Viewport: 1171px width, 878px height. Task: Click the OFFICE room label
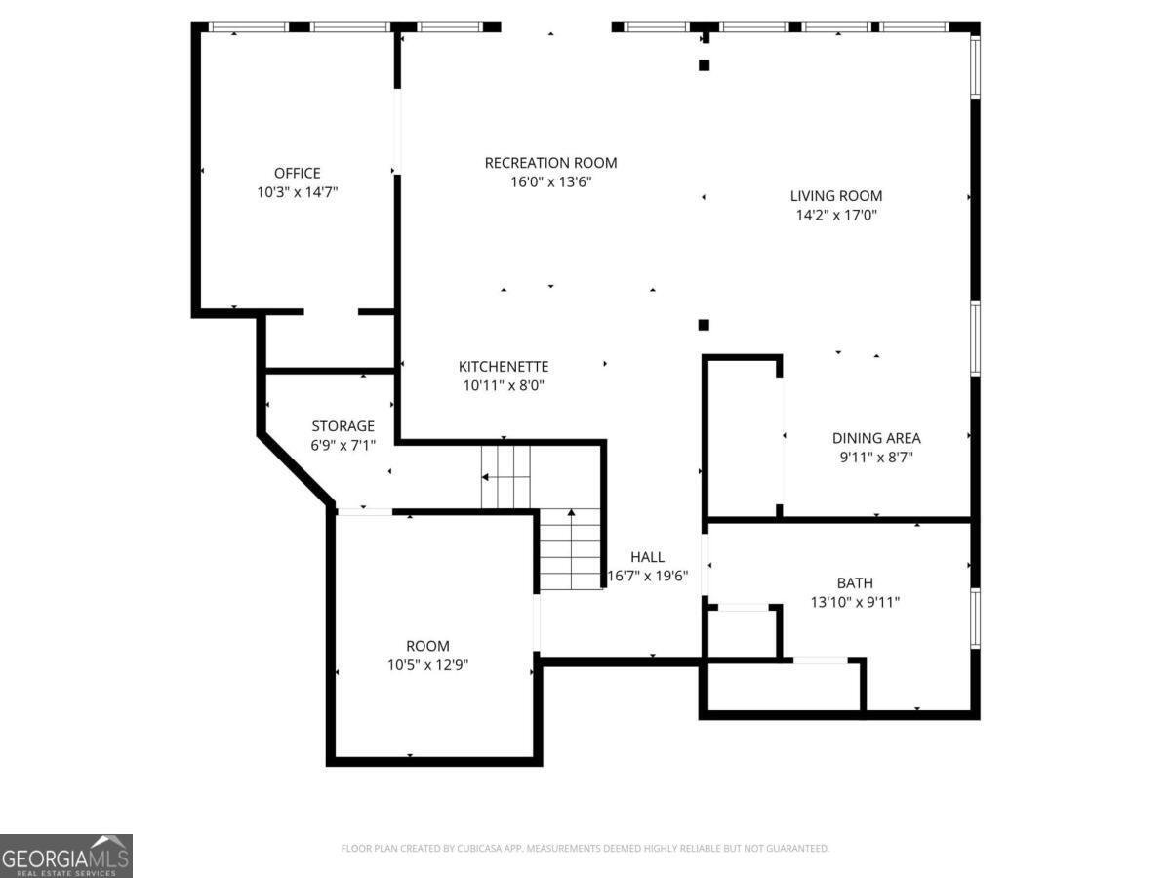pyautogui.click(x=298, y=173)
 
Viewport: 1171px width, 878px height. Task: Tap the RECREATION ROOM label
pyautogui.click(x=550, y=163)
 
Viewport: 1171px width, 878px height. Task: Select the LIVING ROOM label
pyautogui.click(x=836, y=196)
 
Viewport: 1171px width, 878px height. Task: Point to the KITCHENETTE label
pyautogui.click(x=504, y=366)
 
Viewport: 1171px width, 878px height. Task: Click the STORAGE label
pyautogui.click(x=343, y=426)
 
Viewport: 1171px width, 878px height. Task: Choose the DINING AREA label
pyautogui.click(x=876, y=438)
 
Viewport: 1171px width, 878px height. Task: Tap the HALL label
pyautogui.click(x=647, y=556)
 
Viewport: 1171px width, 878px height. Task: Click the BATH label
pyautogui.click(x=855, y=582)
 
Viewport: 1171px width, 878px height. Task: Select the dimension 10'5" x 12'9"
pyautogui.click(x=427, y=664)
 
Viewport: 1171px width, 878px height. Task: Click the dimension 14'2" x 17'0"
pyautogui.click(x=836, y=215)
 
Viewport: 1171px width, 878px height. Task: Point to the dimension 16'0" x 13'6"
pyautogui.click(x=550, y=181)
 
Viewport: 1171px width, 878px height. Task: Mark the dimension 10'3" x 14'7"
pyautogui.click(x=298, y=192)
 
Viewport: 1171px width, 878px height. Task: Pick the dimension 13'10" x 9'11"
pyautogui.click(x=855, y=602)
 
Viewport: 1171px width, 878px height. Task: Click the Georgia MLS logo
pyautogui.click(x=65, y=856)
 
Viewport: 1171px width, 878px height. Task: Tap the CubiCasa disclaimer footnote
pyautogui.click(x=585, y=848)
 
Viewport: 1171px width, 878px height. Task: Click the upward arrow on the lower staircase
pyautogui.click(x=571, y=548)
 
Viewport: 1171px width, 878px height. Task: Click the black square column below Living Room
pyautogui.click(x=704, y=325)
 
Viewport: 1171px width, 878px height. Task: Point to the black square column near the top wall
pyautogui.click(x=704, y=65)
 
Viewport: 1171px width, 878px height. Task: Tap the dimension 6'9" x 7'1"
pyautogui.click(x=343, y=445)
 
